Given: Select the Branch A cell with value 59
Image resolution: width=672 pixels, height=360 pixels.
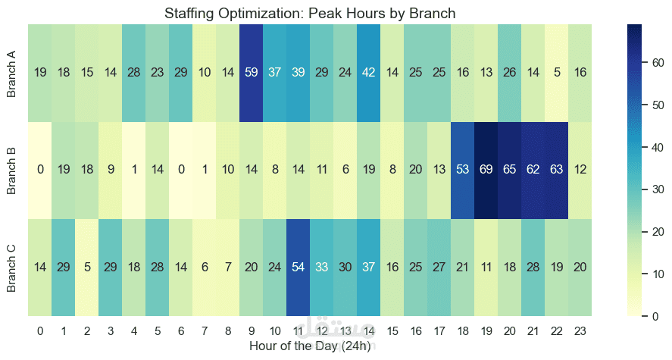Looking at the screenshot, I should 252,73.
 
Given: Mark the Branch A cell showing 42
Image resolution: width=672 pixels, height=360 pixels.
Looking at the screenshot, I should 369,73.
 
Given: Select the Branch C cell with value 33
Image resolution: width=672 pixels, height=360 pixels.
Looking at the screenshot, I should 322,267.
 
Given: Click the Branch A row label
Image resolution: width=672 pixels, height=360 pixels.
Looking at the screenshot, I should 11,74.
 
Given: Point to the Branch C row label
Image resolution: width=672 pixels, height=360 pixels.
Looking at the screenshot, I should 11,268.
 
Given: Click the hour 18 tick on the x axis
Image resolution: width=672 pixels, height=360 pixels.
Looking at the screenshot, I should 463,330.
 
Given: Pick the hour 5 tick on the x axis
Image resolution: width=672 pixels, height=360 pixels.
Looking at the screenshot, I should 158,330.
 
